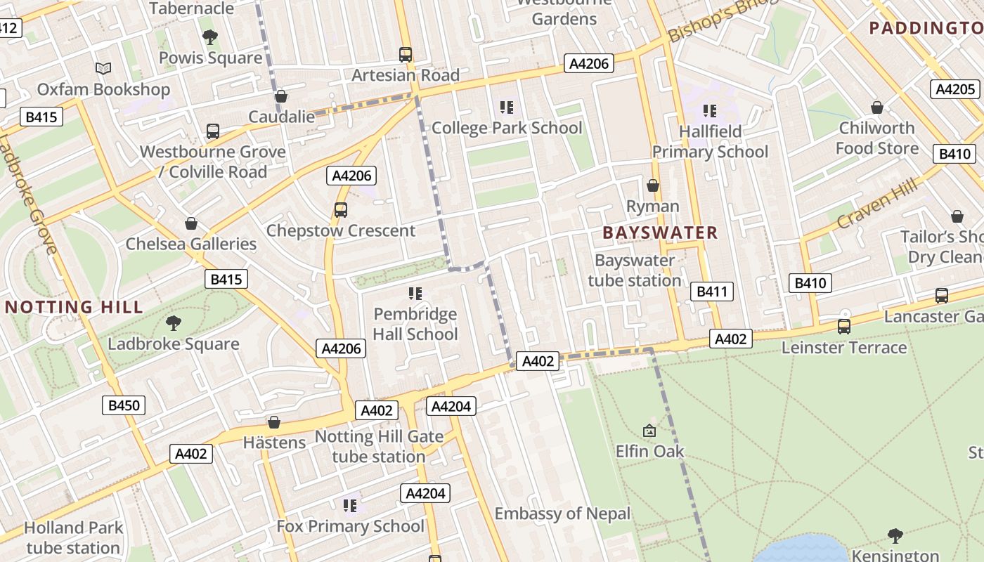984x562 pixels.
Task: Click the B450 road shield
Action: [x=124, y=405]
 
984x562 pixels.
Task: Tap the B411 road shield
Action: [x=712, y=292]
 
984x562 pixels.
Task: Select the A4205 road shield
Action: [x=956, y=89]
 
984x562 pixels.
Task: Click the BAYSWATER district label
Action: [x=660, y=233]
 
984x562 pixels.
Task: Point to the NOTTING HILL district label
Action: [x=74, y=307]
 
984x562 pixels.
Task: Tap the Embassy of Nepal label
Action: [x=562, y=514]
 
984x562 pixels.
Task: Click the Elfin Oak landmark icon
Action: [x=649, y=431]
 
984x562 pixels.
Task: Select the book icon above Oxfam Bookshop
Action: [x=103, y=68]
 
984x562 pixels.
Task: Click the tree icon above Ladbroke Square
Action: [x=173, y=323]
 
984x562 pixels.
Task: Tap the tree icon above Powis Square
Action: [x=209, y=37]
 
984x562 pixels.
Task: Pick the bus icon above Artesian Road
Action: [x=406, y=54]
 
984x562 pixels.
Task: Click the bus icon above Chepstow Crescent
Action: [x=341, y=209]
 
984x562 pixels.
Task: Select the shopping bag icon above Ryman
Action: [x=653, y=185]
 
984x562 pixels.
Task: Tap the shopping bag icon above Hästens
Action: [x=274, y=422]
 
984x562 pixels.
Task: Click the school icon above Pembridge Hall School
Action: [x=415, y=293]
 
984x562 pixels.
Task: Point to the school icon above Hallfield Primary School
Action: [x=710, y=110]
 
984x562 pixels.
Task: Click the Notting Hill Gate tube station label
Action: [x=379, y=446]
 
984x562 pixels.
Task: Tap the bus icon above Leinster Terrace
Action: [x=843, y=327]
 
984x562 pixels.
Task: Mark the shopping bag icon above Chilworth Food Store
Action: [x=877, y=107]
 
